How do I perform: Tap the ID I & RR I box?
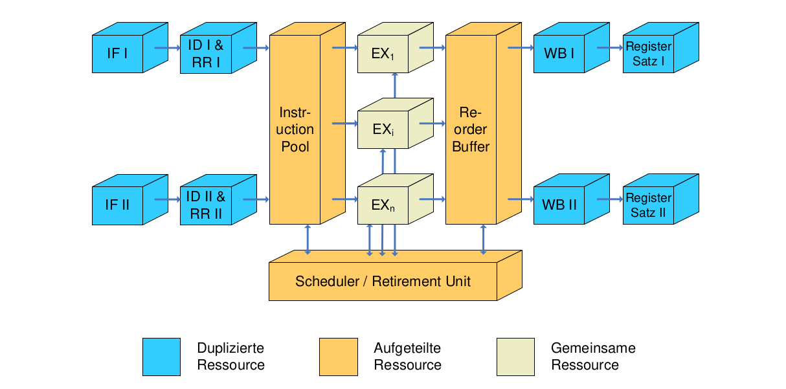[205, 54]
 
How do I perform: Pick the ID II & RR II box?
[205, 205]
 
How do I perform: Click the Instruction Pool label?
[295, 129]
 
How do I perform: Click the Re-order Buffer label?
[471, 129]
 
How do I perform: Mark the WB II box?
[559, 205]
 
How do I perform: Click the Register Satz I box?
[648, 54]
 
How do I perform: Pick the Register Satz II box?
[648, 205]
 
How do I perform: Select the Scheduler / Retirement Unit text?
[383, 282]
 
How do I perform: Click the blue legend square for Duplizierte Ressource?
[162, 357]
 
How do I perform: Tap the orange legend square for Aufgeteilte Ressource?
[339, 357]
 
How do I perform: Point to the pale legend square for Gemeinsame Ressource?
[515, 357]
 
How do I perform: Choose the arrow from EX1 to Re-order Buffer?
[432, 47]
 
